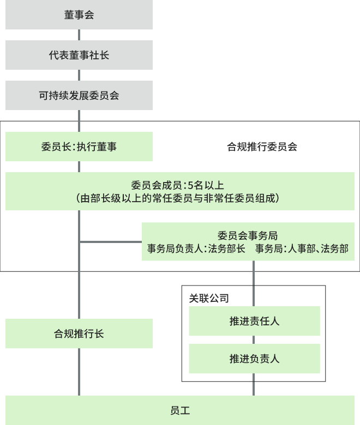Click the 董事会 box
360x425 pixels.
click(79, 15)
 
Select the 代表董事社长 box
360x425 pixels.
click(79, 55)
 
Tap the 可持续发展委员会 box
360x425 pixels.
click(79, 95)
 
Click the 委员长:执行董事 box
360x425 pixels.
click(79, 147)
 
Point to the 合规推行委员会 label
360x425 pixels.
click(262, 147)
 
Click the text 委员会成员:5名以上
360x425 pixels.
click(179, 185)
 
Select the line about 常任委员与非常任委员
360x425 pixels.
click(179, 198)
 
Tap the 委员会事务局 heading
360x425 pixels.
click(248, 235)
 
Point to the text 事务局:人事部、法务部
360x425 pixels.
click(302, 248)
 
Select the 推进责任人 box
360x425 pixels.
click(254, 321)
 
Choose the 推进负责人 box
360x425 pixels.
click(254, 359)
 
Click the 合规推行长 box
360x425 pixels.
click(79, 333)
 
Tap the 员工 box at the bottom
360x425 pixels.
click(179, 410)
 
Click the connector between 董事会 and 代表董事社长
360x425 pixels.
click(79, 35)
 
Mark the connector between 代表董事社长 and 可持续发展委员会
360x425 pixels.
click(79, 75)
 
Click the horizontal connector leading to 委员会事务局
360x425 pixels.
click(111, 241)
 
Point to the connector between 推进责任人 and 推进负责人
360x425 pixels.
click(254, 339)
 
